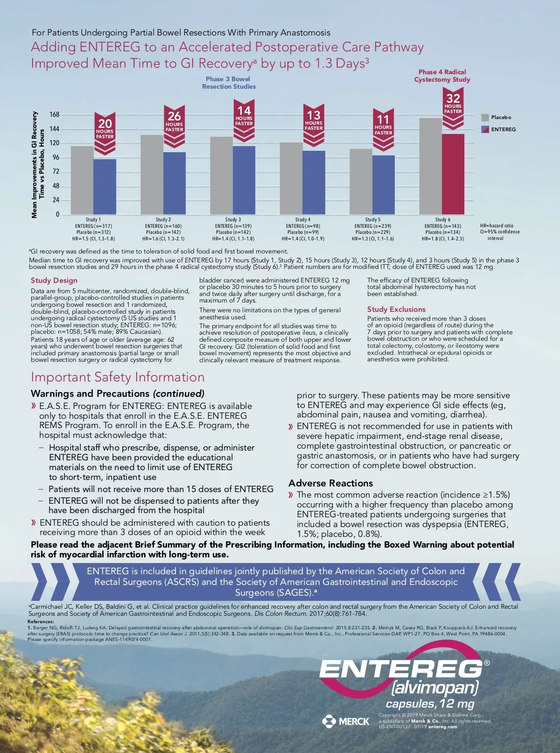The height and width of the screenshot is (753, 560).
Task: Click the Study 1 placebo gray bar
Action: click(82, 180)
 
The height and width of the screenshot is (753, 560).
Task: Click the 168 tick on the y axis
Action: click(55, 115)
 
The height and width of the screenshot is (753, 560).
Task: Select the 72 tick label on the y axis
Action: click(56, 172)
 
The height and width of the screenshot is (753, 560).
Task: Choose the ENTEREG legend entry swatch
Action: click(485, 129)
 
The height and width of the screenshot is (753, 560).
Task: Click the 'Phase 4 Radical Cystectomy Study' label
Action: click(442, 76)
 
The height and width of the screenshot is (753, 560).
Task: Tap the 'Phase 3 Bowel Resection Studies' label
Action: click(229, 83)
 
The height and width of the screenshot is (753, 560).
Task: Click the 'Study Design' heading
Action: click(54, 281)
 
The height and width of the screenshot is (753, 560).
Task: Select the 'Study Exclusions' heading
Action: click(396, 310)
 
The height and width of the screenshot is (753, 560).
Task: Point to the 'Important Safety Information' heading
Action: click(118, 377)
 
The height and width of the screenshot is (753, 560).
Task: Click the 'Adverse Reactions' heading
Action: click(330, 483)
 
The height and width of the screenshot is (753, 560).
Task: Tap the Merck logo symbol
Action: click(329, 721)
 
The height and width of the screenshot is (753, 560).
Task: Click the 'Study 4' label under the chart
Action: click(302, 219)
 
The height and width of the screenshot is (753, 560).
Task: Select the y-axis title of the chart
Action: click(38, 165)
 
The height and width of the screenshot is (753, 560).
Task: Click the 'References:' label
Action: click(41, 621)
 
